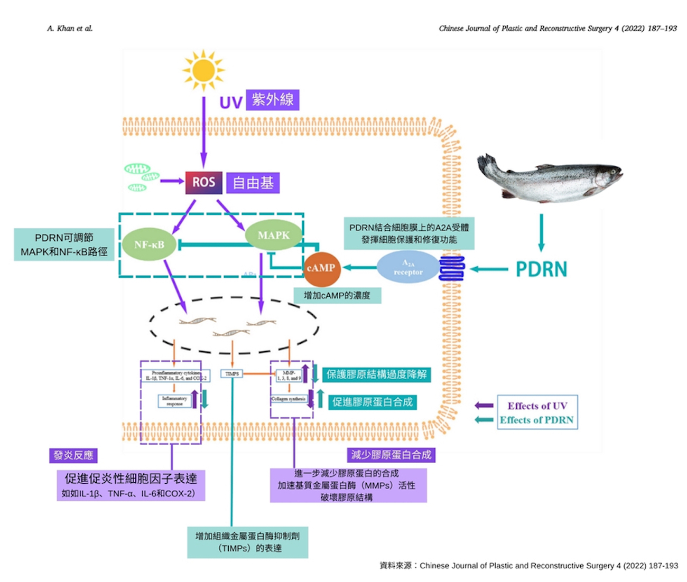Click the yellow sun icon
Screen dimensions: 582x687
[203, 70]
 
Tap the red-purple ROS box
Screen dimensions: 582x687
[203, 183]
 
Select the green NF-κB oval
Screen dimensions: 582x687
[149, 245]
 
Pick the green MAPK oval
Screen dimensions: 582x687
[274, 235]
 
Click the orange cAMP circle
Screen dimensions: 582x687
[321, 268]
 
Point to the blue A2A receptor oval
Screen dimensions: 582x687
[408, 267]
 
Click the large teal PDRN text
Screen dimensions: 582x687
[541, 269]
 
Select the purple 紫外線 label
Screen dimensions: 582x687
[272, 100]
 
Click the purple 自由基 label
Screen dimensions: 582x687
[253, 183]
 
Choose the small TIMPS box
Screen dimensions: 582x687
[232, 374]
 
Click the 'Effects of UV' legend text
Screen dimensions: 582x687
[537, 406]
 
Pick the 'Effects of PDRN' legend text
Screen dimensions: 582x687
[536, 420]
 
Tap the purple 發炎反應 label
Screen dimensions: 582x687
[73, 455]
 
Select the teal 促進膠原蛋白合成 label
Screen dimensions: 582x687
[372, 402]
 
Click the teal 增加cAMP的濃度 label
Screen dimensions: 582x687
[337, 296]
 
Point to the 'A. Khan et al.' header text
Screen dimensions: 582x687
[70, 29]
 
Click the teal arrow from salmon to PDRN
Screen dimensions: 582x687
[541, 232]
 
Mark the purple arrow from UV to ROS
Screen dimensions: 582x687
[203, 132]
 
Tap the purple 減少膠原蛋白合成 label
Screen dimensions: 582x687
[391, 455]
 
